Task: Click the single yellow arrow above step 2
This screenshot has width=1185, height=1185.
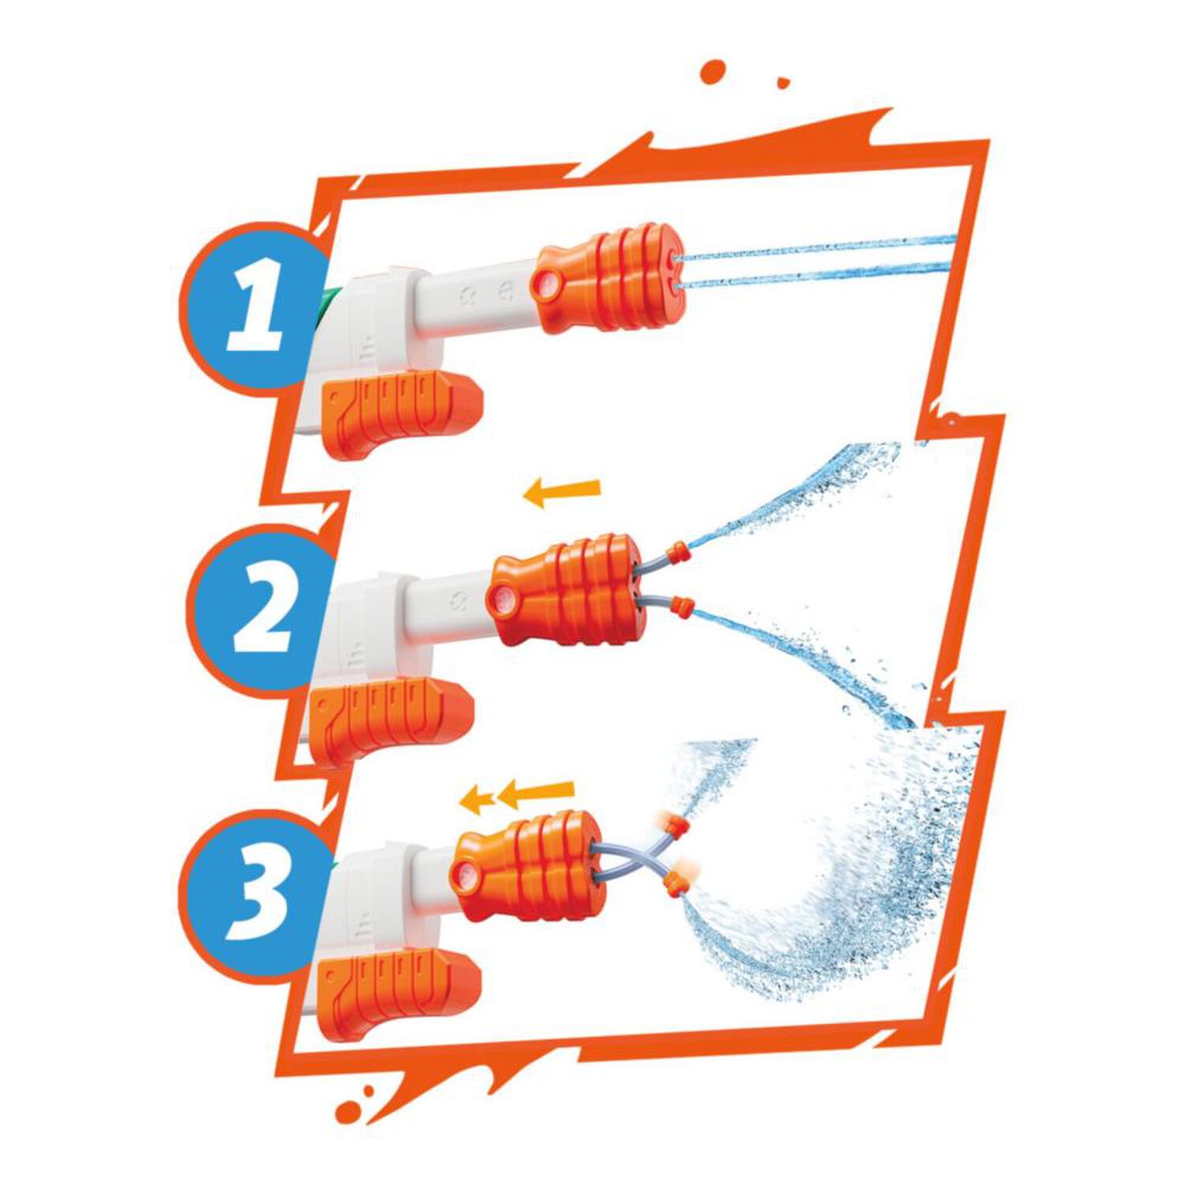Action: (562, 492)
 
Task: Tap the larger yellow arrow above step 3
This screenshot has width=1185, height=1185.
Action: (535, 794)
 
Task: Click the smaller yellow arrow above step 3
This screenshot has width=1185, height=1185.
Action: (478, 801)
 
